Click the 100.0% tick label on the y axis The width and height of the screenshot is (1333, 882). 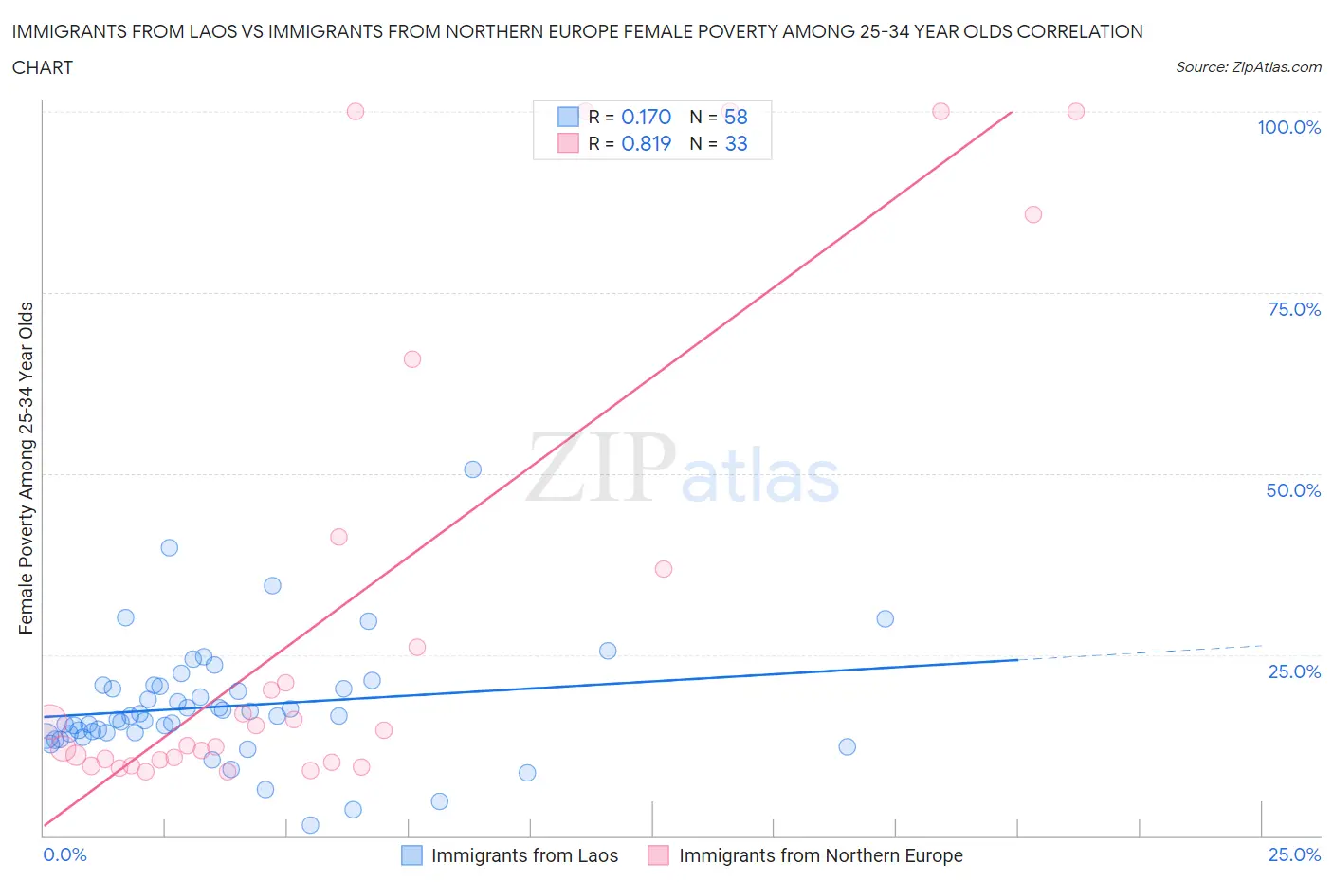click(x=1288, y=128)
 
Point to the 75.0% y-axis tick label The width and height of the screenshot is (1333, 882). click(x=1294, y=309)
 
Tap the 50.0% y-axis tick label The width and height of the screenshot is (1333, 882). click(x=1293, y=490)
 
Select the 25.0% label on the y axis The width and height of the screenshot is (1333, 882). click(x=1294, y=671)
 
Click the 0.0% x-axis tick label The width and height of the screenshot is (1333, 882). click(x=64, y=854)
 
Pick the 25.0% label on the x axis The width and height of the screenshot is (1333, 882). click(x=1294, y=854)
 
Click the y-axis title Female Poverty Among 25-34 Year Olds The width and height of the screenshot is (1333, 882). click(x=26, y=468)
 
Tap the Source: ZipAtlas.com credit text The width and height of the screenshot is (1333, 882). click(x=1248, y=66)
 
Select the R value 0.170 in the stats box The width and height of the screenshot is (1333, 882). click(x=646, y=117)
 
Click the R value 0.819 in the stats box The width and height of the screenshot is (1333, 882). click(x=646, y=143)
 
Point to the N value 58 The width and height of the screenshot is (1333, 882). click(x=736, y=117)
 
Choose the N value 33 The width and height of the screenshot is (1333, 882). click(x=736, y=143)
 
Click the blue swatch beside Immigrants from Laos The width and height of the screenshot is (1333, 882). click(x=411, y=855)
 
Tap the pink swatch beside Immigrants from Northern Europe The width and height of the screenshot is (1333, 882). click(x=658, y=855)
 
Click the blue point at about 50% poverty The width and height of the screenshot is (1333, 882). click(x=472, y=469)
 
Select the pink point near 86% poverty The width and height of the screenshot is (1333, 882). click(x=1033, y=214)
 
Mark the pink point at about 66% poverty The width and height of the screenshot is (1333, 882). click(x=411, y=359)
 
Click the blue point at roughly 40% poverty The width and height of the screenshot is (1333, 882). click(x=169, y=547)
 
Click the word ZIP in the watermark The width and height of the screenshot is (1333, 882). click(x=600, y=467)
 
